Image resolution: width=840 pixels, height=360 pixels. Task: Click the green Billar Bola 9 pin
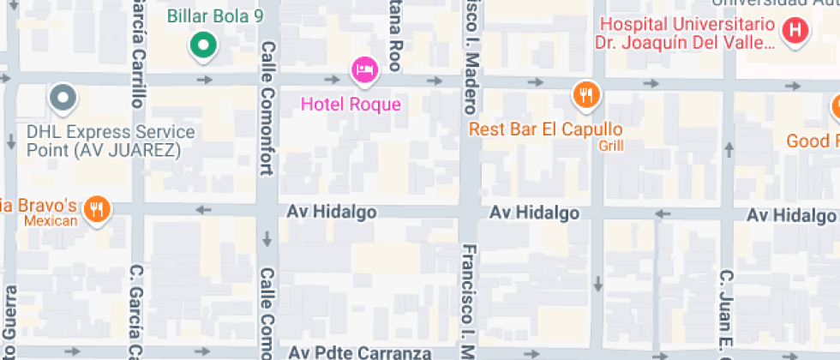(x=203, y=46)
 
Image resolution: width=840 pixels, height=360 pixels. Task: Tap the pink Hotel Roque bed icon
(x=364, y=70)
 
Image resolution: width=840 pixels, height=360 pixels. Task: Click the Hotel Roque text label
(x=351, y=105)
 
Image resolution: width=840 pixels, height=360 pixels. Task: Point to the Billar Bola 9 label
(x=215, y=15)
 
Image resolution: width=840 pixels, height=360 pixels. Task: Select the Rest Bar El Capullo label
(x=545, y=129)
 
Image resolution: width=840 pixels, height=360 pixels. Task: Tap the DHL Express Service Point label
(x=111, y=141)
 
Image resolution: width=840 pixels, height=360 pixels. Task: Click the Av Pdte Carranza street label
(x=360, y=352)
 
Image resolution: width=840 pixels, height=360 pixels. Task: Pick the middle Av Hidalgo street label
(x=534, y=213)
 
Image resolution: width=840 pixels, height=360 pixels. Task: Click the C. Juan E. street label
(x=725, y=313)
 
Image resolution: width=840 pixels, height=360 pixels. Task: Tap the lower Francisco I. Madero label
(x=469, y=300)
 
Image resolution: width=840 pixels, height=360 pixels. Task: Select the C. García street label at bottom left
(x=135, y=313)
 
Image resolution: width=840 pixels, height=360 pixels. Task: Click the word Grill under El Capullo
(x=610, y=146)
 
